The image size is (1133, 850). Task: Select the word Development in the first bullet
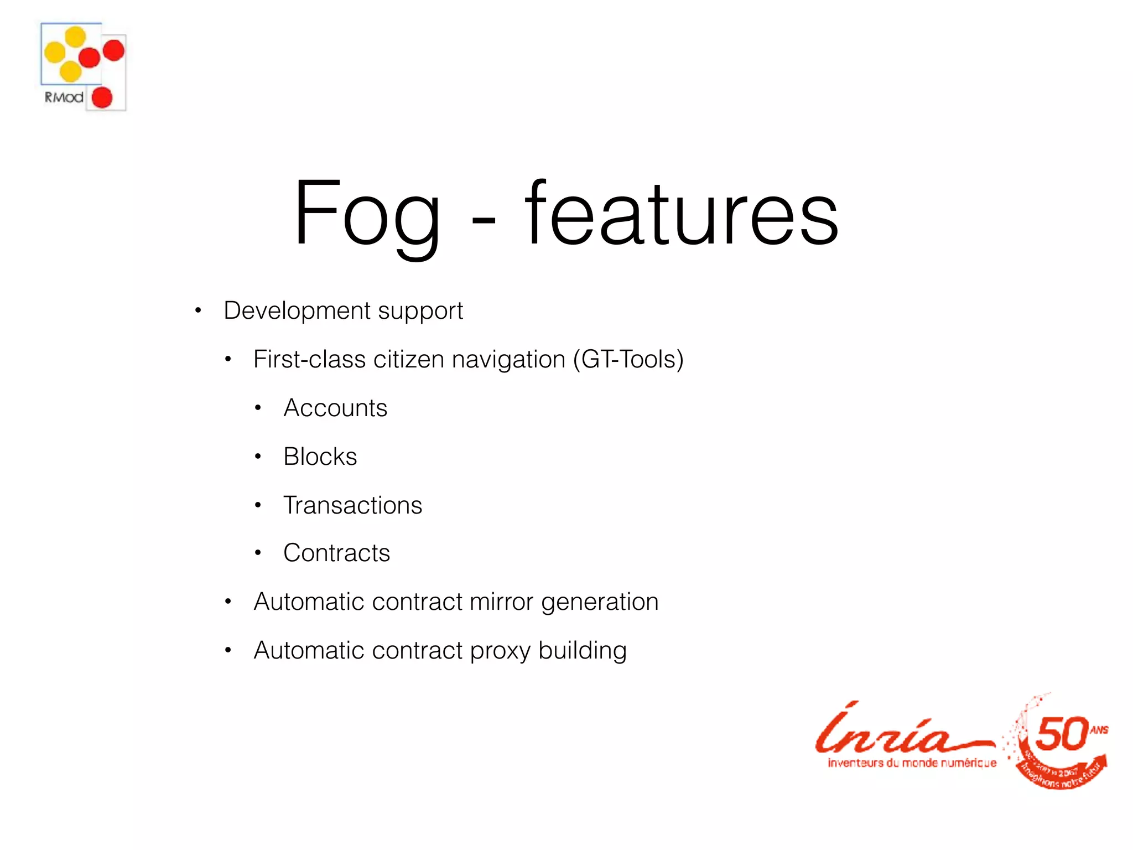(x=297, y=310)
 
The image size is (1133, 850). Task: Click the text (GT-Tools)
(x=628, y=359)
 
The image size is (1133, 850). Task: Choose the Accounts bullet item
(x=335, y=408)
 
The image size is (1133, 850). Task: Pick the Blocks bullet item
(x=320, y=457)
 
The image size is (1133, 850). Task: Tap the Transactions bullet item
(x=352, y=505)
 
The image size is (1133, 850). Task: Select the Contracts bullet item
(x=336, y=553)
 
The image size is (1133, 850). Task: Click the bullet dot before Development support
(x=198, y=310)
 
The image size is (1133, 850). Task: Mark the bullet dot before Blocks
(x=258, y=457)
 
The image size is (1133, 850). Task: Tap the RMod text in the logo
(x=64, y=97)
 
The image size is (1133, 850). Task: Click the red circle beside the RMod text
(x=102, y=98)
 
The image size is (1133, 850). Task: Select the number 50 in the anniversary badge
(x=1061, y=734)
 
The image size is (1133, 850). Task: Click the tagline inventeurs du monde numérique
(x=912, y=763)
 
